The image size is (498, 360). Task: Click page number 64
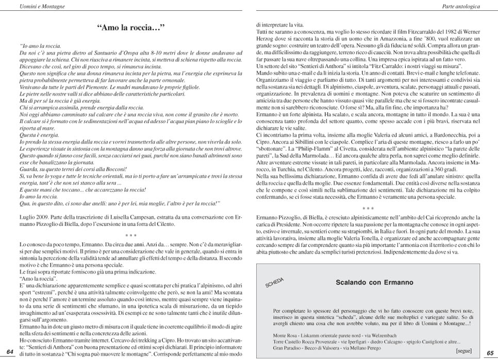(x=10, y=352)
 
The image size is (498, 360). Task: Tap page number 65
(x=490, y=353)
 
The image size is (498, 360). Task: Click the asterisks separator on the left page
(x=130, y=235)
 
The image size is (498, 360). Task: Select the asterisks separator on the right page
(x=368, y=209)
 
